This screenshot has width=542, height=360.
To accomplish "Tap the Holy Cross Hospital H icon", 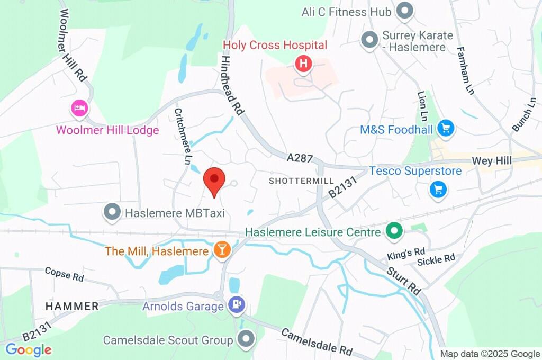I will click(x=303, y=64).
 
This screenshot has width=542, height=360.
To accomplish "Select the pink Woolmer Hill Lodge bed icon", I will click(x=79, y=109).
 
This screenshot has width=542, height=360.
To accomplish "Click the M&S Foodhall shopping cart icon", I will click(x=446, y=129).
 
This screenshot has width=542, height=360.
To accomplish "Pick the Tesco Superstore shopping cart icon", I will click(x=438, y=189).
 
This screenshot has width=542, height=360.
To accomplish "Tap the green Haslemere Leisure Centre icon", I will click(x=394, y=231).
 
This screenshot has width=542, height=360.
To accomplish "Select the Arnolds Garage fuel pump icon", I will click(x=236, y=304).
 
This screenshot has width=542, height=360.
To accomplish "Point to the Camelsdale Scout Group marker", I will click(x=246, y=339).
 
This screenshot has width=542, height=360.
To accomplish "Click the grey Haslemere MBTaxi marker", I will click(x=112, y=212).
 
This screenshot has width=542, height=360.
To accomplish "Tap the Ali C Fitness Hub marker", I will click(x=405, y=11).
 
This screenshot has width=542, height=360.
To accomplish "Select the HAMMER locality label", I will click(x=72, y=306).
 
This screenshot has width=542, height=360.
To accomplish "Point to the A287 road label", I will click(x=301, y=158).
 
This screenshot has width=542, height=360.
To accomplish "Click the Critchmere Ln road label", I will click(x=181, y=137).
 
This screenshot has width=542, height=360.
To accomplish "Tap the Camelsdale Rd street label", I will click(x=317, y=343).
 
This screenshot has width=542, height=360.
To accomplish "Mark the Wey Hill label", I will click(x=493, y=160).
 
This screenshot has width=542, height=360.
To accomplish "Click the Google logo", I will click(x=29, y=349).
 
